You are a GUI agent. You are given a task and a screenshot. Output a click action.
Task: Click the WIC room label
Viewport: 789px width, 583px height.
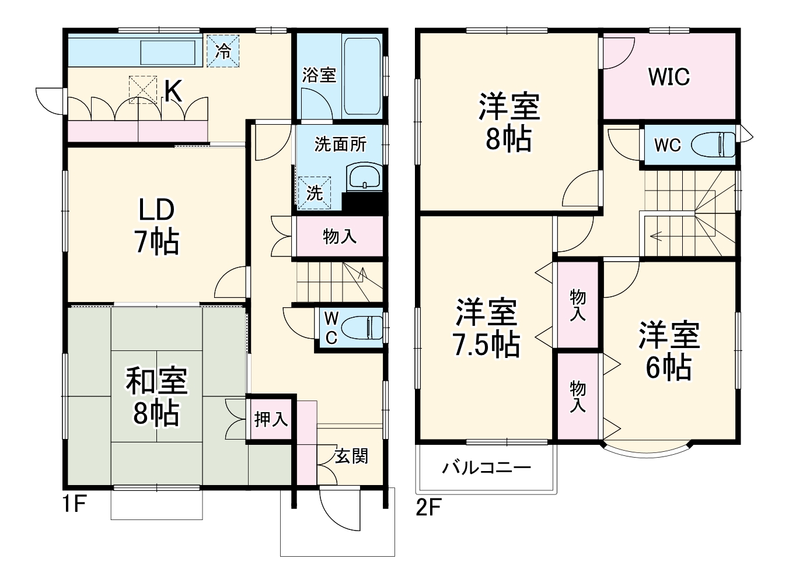pos(669,77)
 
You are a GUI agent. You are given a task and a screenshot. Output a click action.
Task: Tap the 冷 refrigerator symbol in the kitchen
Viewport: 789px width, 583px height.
pos(223,51)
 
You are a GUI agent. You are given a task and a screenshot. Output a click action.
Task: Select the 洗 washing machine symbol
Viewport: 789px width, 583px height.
pos(315,192)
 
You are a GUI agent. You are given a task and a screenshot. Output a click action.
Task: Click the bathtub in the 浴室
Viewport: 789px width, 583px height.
pos(362,76)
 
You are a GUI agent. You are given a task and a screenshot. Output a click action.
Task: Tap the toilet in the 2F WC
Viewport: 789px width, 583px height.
pos(714,144)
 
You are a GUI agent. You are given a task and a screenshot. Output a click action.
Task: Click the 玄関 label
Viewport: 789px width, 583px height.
pos(351,456)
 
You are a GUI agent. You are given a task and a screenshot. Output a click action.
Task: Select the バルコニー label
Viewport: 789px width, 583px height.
pos(486,468)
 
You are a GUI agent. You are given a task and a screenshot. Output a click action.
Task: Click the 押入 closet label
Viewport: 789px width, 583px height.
pos(271,419)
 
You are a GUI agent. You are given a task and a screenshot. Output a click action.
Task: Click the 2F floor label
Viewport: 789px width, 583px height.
pos(428,508)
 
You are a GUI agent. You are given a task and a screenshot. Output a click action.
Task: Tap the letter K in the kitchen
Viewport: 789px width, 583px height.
pos(173,92)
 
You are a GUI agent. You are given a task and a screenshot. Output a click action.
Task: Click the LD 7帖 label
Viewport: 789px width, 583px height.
pos(156,226)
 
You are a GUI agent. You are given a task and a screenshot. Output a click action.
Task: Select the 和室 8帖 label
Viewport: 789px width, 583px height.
pos(156,398)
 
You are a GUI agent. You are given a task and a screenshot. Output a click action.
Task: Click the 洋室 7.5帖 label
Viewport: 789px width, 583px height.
pos(486,328)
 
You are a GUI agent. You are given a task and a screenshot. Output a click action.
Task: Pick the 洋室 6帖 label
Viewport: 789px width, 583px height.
pos(669,351)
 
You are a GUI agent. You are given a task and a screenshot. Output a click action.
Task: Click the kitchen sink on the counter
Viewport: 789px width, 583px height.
pos(167,53)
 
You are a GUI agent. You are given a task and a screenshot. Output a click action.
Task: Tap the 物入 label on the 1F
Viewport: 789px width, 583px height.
pos(339,237)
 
